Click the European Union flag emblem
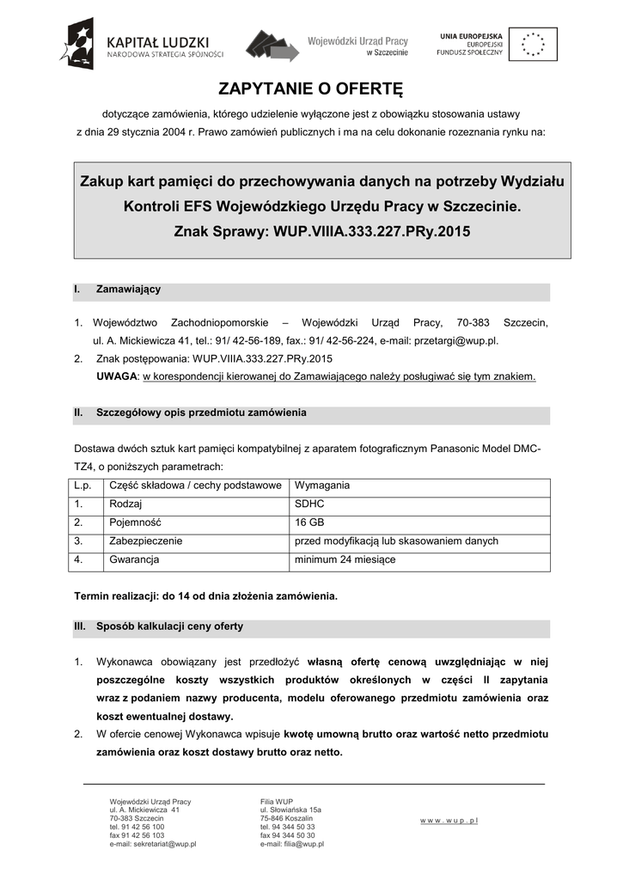pyautogui.click(x=533, y=44)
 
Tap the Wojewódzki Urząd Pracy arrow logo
pyautogui.click(x=272, y=45)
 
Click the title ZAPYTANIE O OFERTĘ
pyautogui.click(x=310, y=90)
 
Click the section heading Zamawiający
pyautogui.click(x=128, y=290)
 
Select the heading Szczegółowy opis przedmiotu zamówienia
pyautogui.click(x=201, y=413)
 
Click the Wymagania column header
pyautogui.click(x=322, y=486)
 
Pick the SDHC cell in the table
pyautogui.click(x=309, y=504)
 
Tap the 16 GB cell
pyautogui.click(x=309, y=522)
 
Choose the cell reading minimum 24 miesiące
pyautogui.click(x=345, y=560)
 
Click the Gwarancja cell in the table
pyautogui.click(x=134, y=560)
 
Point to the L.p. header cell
pyautogui.click(x=82, y=486)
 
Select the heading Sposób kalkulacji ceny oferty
pyautogui.click(x=169, y=626)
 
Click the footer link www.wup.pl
pyautogui.click(x=449, y=821)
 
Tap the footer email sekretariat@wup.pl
pyautogui.click(x=153, y=844)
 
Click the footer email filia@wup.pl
pyautogui.click(x=292, y=844)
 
